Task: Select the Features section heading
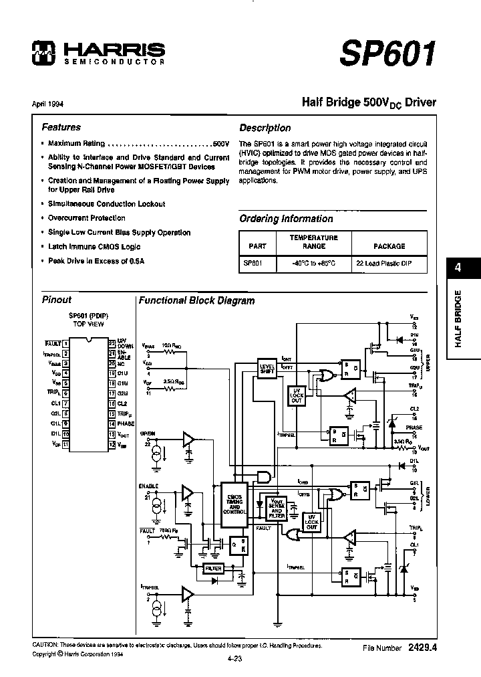[61, 127]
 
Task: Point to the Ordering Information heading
[286, 219]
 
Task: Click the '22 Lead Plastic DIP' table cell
[383, 264]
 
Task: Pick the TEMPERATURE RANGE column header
[313, 241]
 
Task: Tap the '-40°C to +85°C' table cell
[313, 264]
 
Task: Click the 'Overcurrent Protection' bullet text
[86, 218]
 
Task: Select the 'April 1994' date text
[47, 104]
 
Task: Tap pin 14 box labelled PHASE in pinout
[112, 423]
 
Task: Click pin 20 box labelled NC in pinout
[112, 363]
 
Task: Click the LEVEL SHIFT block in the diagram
[267, 368]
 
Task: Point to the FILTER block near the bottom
[213, 568]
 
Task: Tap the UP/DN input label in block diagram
[148, 433]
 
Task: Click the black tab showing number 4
[458, 268]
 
